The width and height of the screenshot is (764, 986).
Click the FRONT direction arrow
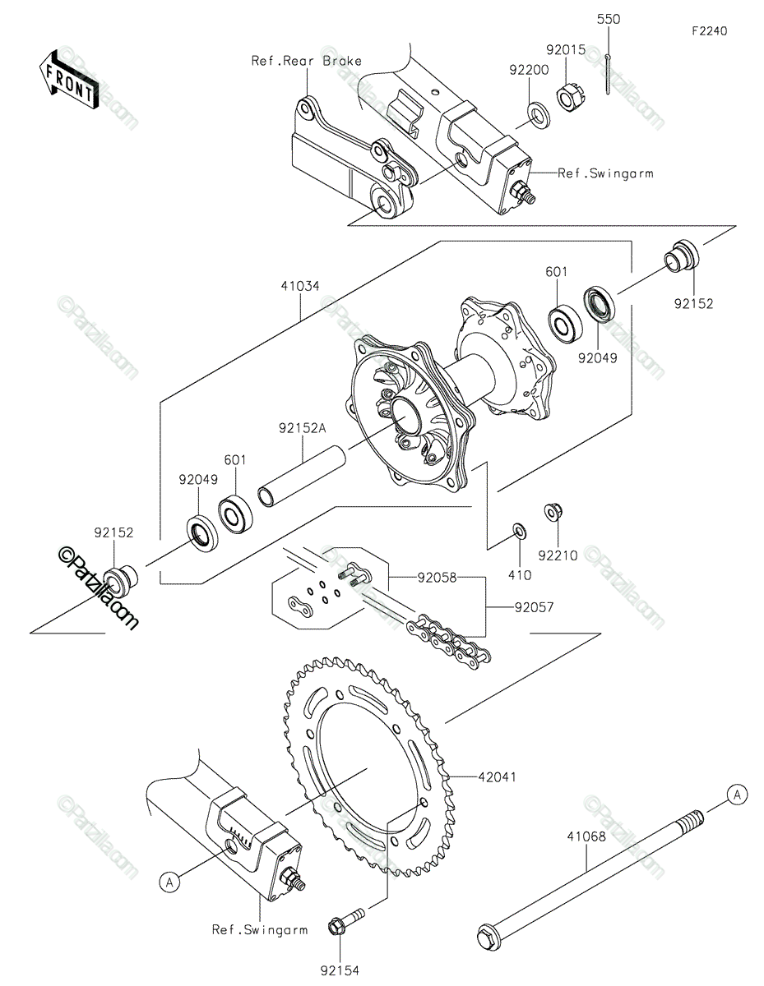coord(68,80)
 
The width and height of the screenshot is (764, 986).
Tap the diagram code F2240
coord(710,31)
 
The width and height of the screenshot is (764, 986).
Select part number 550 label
coord(609,19)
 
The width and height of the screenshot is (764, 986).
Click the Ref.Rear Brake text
coord(307,61)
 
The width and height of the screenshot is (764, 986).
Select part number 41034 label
coord(299,286)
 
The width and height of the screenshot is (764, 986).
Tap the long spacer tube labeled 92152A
coord(302,476)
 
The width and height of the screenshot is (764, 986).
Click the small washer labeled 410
coord(519,531)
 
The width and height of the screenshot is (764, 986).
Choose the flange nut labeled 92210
coord(553,512)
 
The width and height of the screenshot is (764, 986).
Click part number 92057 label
coord(534,606)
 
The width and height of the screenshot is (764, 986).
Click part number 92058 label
coord(437,578)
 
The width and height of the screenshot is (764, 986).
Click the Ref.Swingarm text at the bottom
coord(260,930)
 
